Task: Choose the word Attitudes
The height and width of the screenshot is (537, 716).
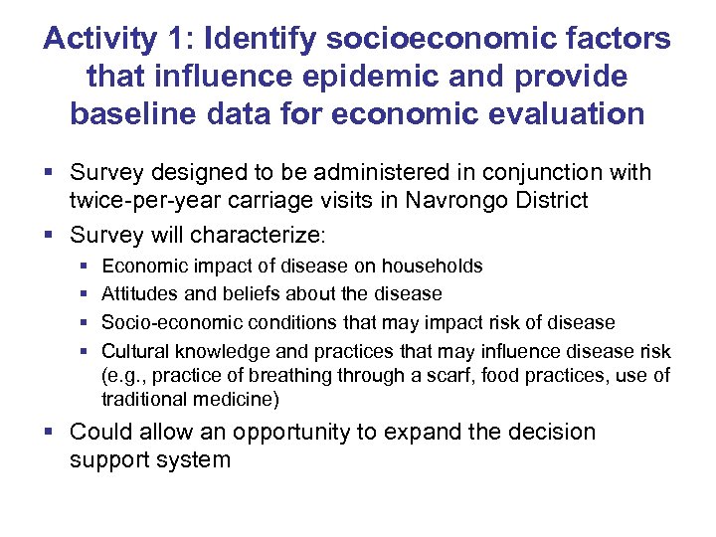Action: pos(139,294)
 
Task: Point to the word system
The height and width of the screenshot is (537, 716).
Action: pos(200,459)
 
